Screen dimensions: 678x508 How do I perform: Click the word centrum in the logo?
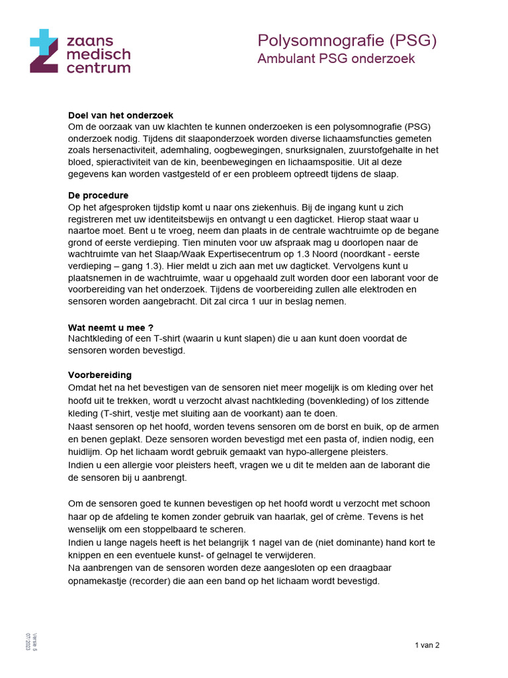[97, 67]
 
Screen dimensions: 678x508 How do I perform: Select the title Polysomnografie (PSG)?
[347, 41]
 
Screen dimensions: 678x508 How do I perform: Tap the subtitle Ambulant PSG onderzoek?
[336, 59]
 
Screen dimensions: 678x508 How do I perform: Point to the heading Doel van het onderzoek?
[121, 115]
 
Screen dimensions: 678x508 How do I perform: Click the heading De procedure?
[99, 196]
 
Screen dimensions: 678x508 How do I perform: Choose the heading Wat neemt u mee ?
[111, 327]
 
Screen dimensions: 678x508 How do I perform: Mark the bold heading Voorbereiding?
[100, 375]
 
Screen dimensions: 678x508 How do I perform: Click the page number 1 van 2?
[427, 646]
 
